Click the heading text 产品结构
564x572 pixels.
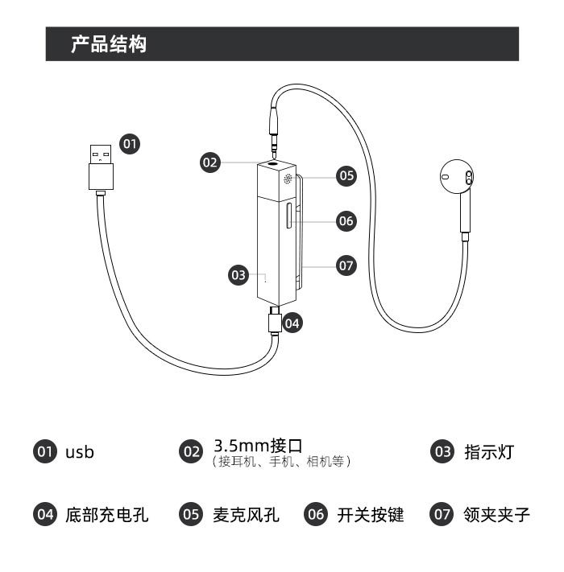tap(109, 44)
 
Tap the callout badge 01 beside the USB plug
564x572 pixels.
tap(130, 144)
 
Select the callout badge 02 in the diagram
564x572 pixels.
tap(210, 163)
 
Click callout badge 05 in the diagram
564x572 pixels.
tap(346, 176)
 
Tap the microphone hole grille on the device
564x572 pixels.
tap(288, 179)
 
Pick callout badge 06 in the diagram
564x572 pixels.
tap(346, 220)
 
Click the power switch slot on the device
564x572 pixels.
tap(289, 216)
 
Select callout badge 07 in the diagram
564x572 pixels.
tap(346, 265)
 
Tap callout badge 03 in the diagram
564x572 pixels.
tap(238, 274)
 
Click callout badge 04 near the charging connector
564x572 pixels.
tap(292, 323)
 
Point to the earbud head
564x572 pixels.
tap(457, 177)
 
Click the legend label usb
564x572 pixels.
tap(80, 452)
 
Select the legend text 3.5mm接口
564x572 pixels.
tap(258, 446)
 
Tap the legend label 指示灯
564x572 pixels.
tap(489, 452)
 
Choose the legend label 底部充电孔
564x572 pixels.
tap(107, 515)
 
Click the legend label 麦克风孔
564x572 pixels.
tap(247, 515)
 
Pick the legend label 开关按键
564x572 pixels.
tap(371, 515)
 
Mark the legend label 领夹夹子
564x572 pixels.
tap(497, 515)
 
